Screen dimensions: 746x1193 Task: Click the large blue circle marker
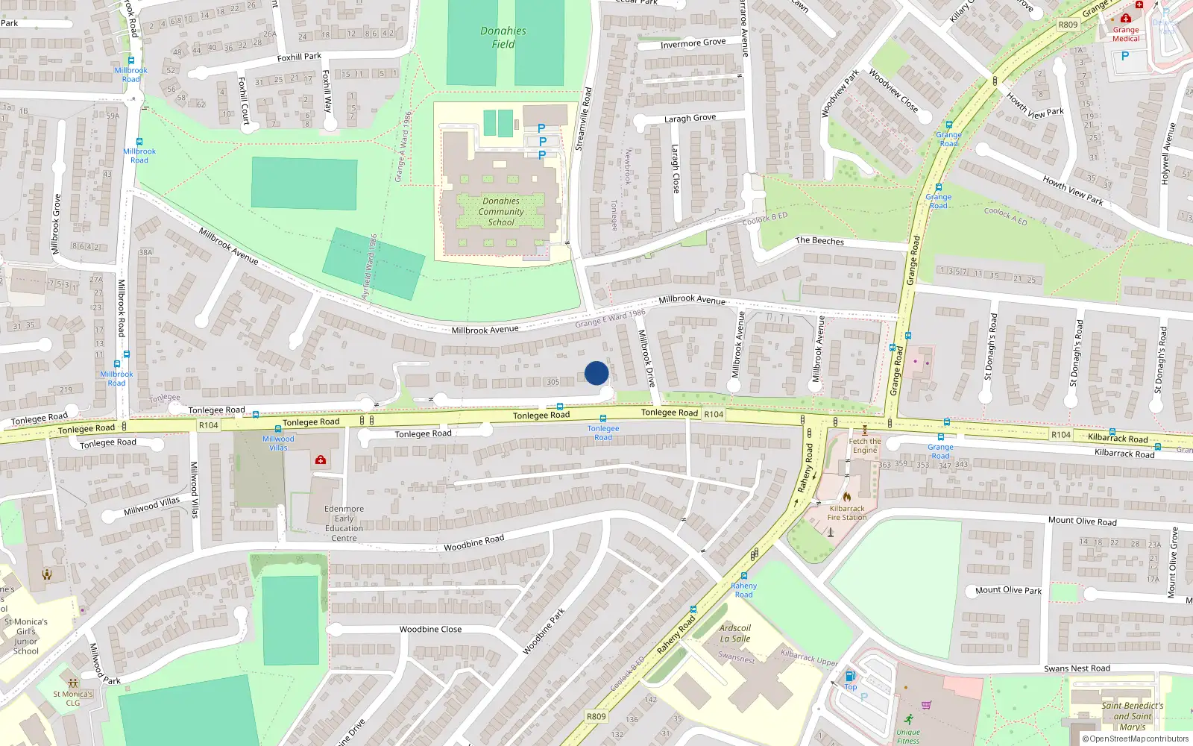point(596,373)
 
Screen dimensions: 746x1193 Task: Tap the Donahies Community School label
point(501,212)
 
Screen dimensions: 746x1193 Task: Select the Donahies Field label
point(503,37)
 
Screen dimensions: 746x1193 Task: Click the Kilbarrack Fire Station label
point(848,513)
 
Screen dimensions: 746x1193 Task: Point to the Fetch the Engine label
point(865,445)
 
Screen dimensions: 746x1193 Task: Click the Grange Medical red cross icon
point(1126,18)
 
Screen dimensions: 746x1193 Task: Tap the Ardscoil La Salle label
point(735,633)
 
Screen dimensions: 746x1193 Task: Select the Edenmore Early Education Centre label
point(344,523)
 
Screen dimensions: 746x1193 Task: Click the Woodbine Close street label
point(430,630)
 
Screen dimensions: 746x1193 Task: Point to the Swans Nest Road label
point(1077,668)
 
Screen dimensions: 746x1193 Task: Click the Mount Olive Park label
point(1008,590)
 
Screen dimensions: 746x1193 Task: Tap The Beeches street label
point(819,241)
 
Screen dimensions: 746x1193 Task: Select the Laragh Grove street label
point(690,119)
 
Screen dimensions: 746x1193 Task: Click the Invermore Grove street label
point(693,43)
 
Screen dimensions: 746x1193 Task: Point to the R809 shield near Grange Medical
point(1068,25)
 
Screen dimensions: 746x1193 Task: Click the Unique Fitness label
point(908,736)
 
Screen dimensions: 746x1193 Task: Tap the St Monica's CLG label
point(73,698)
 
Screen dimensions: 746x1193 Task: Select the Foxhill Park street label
point(299,57)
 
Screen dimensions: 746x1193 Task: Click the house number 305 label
point(553,382)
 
